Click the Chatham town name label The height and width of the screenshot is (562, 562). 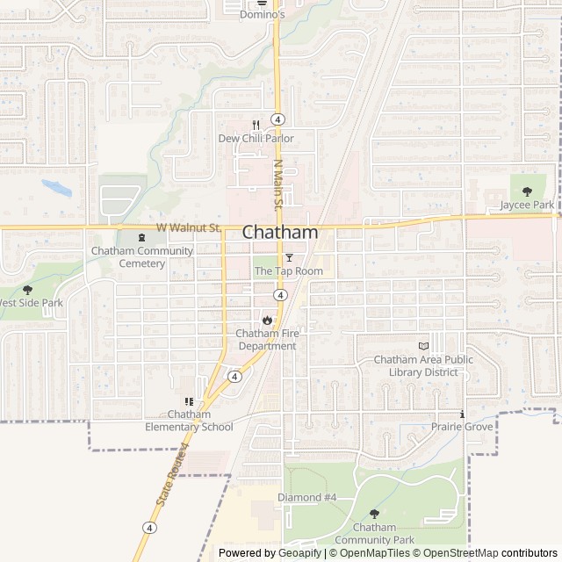279,233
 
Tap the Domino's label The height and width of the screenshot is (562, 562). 263,15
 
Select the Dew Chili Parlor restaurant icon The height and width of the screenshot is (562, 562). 256,125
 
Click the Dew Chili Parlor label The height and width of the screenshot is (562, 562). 256,139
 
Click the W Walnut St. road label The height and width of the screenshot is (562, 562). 188,227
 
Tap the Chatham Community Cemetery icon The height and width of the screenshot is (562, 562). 141,237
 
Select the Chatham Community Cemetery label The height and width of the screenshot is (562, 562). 141,256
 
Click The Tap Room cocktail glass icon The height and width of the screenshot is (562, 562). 289,257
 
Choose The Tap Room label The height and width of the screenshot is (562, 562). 289,271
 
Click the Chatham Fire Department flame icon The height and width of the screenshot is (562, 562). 266,320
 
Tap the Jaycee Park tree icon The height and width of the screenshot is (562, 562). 527,191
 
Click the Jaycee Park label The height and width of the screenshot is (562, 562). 527,205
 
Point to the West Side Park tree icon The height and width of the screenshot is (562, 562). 27,289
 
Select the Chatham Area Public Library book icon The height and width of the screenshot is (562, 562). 423,346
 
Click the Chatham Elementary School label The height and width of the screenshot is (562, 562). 189,421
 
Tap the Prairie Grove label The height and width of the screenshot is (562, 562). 462,427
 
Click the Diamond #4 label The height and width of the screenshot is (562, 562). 307,497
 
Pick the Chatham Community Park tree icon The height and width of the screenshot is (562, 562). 374,514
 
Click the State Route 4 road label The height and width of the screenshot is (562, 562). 173,475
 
